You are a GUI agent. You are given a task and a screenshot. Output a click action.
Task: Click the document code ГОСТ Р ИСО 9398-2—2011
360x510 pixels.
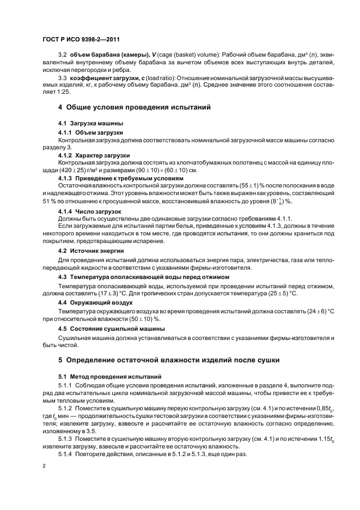[81, 40]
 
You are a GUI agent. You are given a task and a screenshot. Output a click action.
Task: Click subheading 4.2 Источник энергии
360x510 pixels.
[91, 251]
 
